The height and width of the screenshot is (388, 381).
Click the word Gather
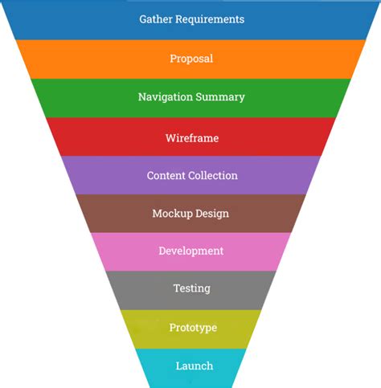point(156,19)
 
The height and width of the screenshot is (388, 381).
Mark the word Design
point(212,214)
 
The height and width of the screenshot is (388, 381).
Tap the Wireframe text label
point(191,137)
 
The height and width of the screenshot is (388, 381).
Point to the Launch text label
point(194,366)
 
